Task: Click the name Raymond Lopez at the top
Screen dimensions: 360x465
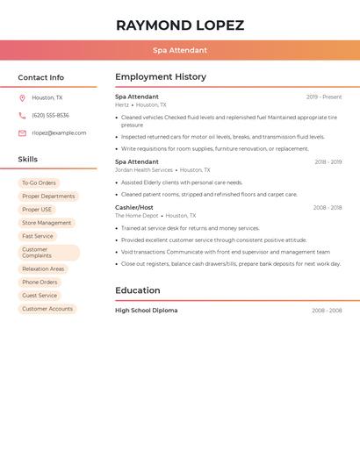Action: coord(180,25)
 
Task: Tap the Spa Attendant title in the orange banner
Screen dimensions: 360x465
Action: coord(180,50)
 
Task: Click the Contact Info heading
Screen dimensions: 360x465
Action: coord(41,77)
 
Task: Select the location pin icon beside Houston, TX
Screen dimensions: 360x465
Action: coord(22,98)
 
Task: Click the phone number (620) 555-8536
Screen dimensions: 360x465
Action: coord(50,116)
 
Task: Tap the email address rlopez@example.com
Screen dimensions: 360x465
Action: coord(59,133)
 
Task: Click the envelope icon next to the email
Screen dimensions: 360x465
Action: coord(22,133)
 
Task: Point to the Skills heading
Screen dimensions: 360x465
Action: coord(28,159)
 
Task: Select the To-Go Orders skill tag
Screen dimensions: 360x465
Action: coord(39,183)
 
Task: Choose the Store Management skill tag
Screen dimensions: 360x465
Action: coord(47,223)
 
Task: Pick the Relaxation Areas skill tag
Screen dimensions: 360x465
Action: coord(43,269)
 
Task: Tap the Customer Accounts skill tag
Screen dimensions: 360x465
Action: coord(47,309)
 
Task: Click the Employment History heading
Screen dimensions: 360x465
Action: coord(161,77)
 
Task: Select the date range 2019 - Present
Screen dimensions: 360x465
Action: coord(324,97)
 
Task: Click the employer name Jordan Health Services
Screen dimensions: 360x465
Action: coord(144,170)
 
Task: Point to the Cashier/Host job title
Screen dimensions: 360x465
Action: coord(133,208)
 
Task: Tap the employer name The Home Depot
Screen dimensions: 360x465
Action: coord(136,216)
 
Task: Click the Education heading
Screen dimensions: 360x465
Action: coord(138,290)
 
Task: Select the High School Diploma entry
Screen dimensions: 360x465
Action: coord(146,311)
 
